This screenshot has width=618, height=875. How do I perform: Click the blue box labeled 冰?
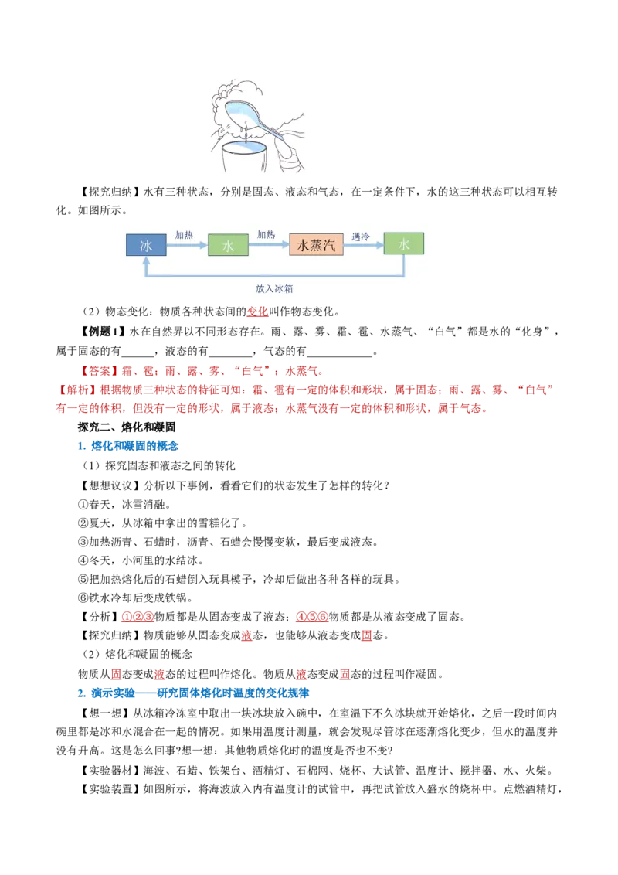(x=146, y=245)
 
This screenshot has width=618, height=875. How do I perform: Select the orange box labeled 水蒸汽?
(x=316, y=244)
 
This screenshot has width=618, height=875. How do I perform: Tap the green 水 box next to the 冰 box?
(x=228, y=245)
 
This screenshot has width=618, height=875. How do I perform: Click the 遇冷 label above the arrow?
(x=360, y=236)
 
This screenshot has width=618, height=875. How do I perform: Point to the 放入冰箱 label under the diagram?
(x=274, y=288)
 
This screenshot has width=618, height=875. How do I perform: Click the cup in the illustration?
(x=243, y=157)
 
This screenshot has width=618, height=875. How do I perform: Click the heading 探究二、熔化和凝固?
(x=127, y=427)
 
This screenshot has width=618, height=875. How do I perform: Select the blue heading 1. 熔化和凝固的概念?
(x=128, y=446)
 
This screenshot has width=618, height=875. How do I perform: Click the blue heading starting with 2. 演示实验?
(x=193, y=693)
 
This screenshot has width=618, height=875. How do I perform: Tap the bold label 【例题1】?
(x=103, y=332)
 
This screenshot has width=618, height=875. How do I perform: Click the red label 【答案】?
(x=100, y=371)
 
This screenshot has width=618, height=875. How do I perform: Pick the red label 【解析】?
(x=78, y=390)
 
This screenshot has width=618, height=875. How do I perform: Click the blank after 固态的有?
(x=138, y=352)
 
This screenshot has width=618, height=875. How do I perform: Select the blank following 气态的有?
(x=340, y=352)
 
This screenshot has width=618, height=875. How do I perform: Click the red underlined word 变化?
(x=258, y=312)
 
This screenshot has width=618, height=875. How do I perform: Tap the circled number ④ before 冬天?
(x=83, y=560)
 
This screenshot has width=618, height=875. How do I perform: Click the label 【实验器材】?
(x=110, y=771)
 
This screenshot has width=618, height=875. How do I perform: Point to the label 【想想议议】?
(x=110, y=485)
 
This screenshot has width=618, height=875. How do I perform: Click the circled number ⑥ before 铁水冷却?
(x=83, y=598)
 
